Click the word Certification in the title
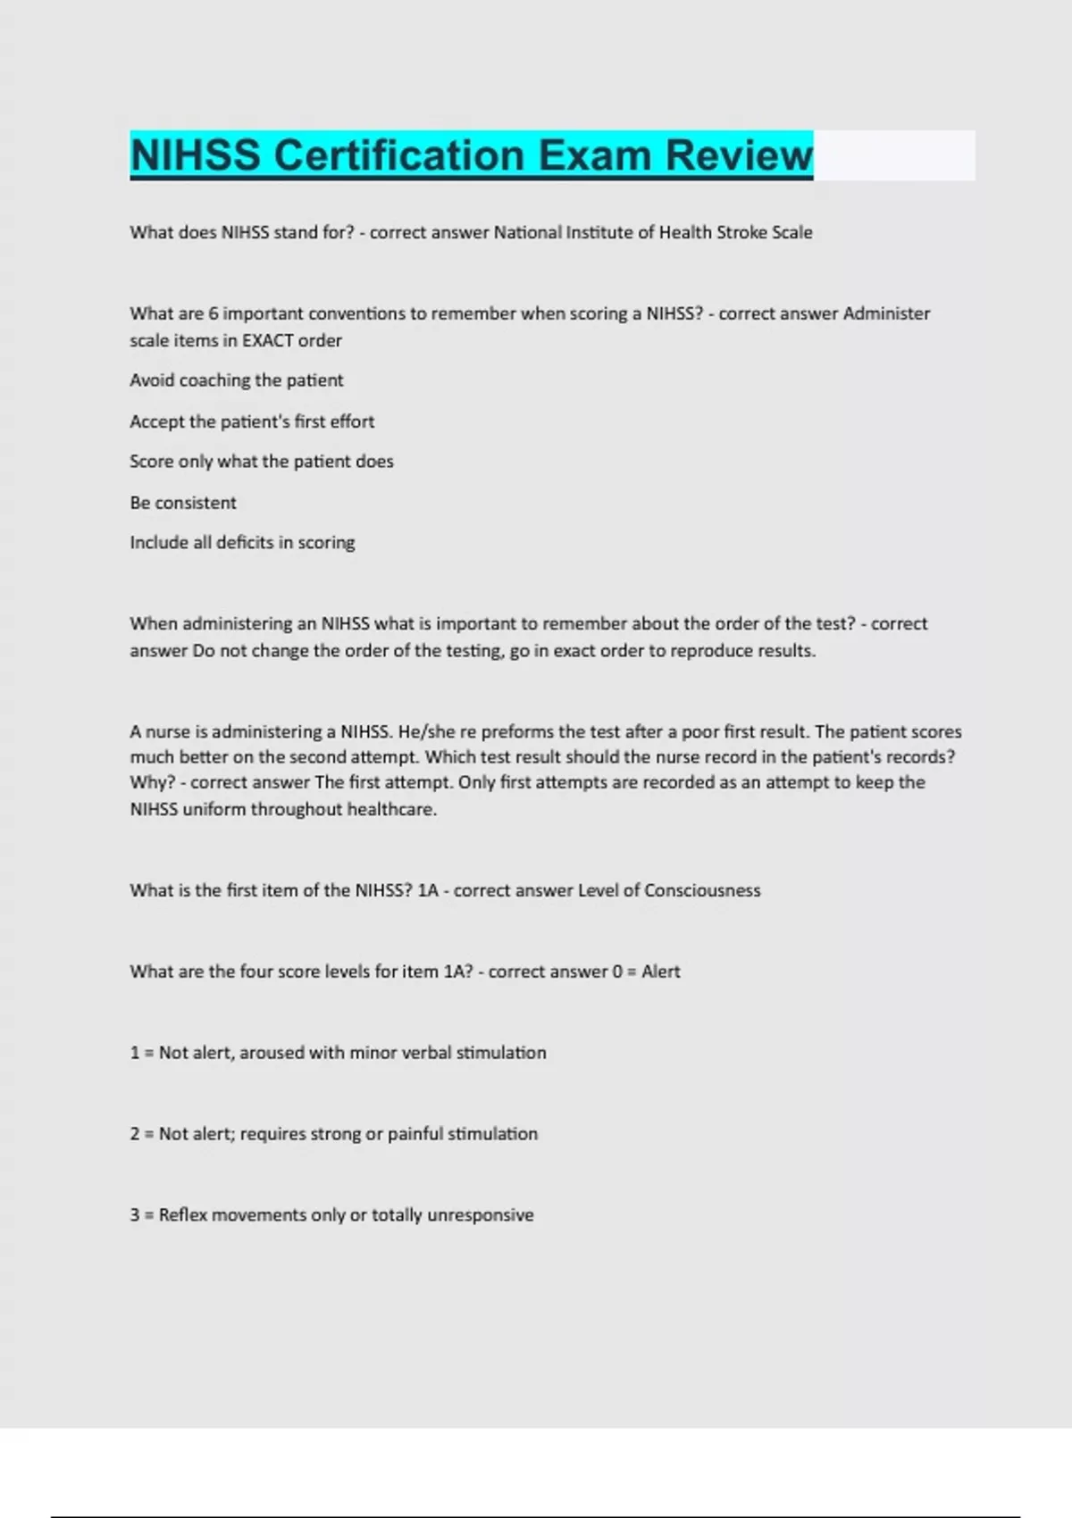click(398, 155)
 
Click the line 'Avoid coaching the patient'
click(237, 380)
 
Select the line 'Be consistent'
click(183, 503)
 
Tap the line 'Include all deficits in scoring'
click(242, 543)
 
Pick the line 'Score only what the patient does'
click(262, 462)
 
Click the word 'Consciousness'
click(702, 890)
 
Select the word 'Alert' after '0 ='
click(661, 972)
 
